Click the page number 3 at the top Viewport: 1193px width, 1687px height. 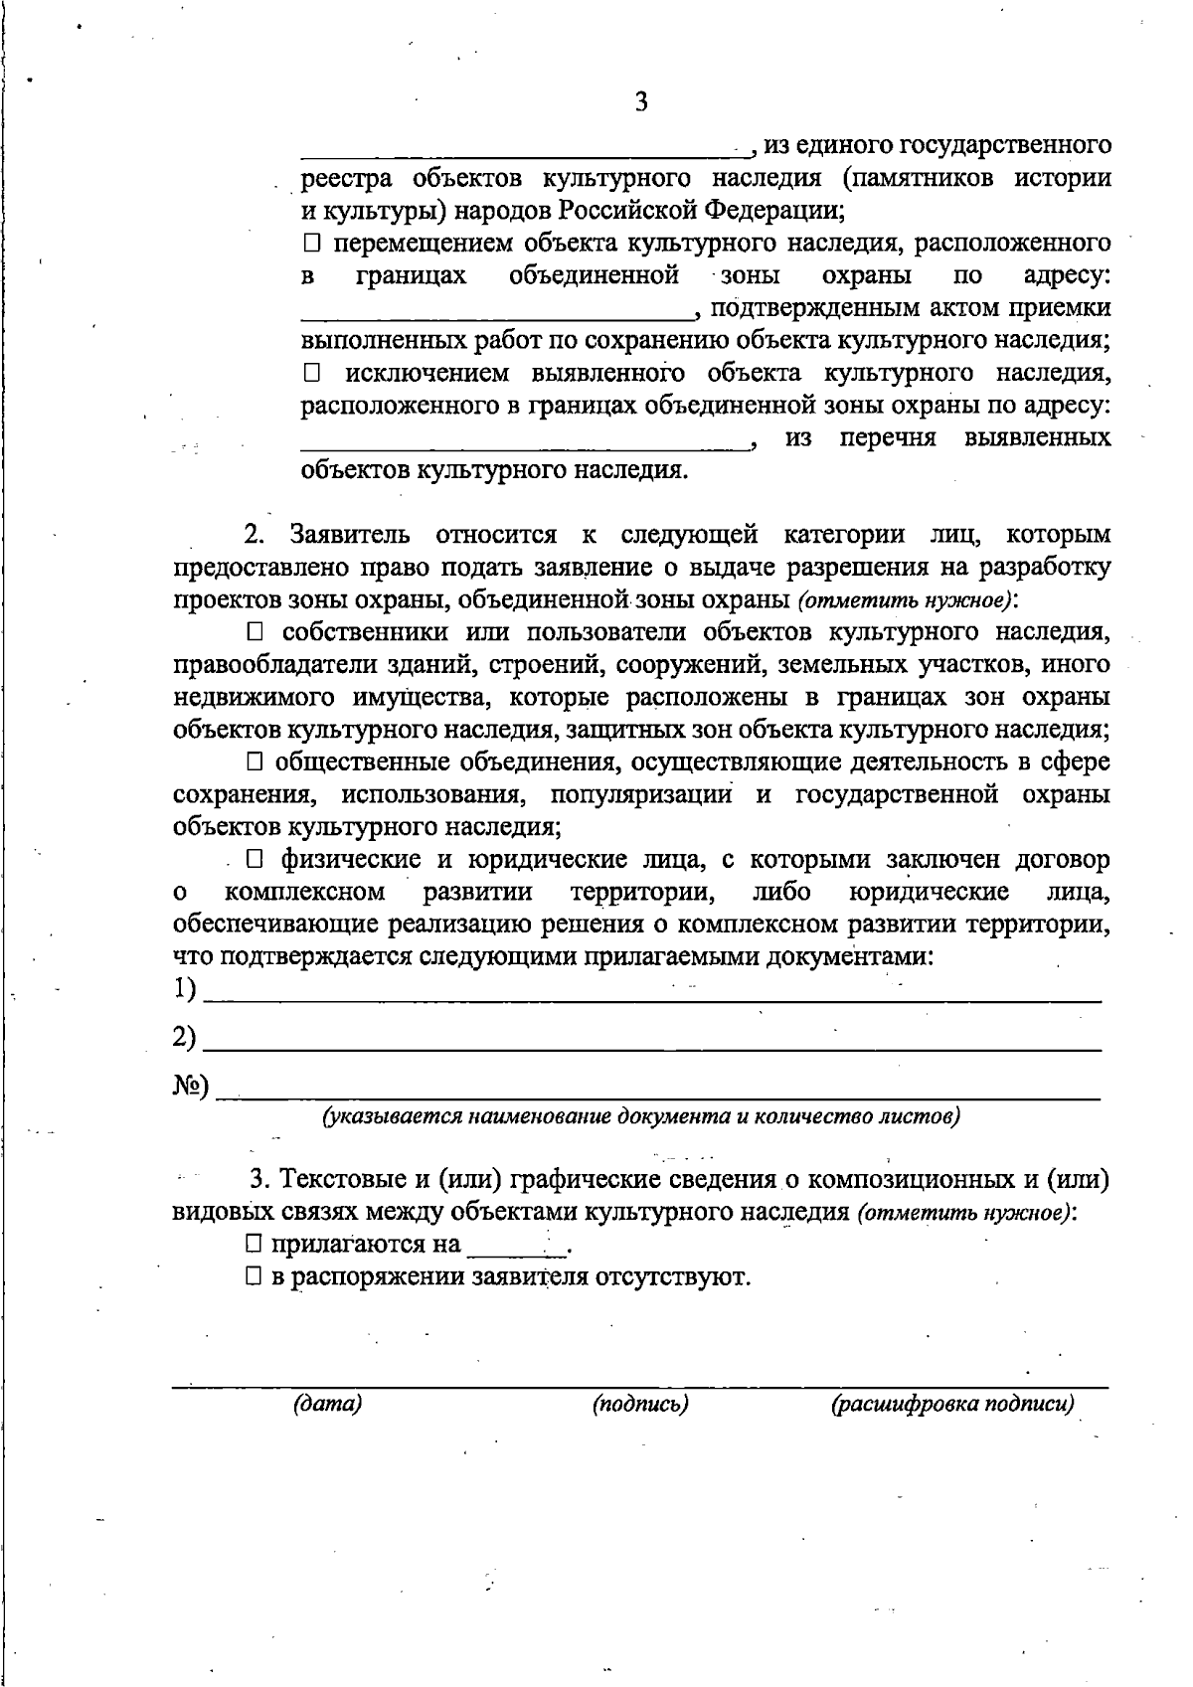tap(641, 102)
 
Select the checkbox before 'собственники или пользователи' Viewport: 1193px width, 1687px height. tap(256, 632)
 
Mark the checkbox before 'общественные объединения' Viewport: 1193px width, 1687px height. tap(256, 762)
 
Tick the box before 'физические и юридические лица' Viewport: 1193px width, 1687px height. tap(256, 859)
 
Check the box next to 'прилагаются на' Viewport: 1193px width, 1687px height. tap(256, 1244)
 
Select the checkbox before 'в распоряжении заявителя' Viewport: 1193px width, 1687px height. tap(256, 1276)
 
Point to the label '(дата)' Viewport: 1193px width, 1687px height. tap(327, 1404)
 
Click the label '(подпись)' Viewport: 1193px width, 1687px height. tap(640, 1404)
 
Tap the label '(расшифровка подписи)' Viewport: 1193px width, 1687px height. tap(952, 1404)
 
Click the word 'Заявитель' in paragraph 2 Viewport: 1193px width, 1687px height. tap(350, 535)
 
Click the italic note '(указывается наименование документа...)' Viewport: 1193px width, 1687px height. tap(641, 1115)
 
